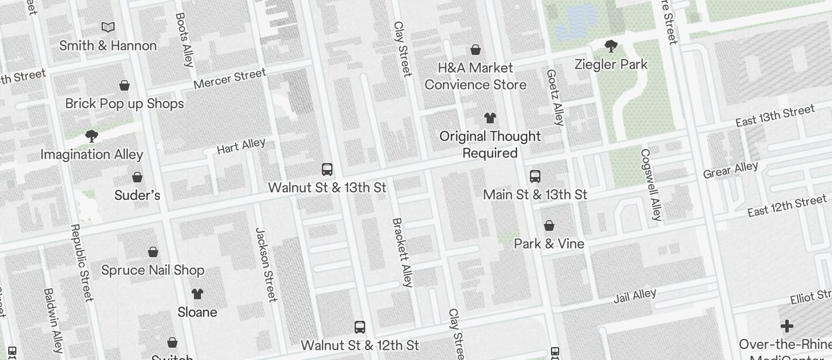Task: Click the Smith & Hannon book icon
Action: (x=108, y=27)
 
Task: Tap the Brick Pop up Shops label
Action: (x=124, y=103)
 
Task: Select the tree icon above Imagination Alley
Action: (x=91, y=136)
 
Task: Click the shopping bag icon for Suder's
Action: (x=137, y=176)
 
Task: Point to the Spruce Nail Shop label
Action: (x=152, y=270)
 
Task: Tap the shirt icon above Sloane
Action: (x=197, y=293)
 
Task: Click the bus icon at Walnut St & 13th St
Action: (x=327, y=169)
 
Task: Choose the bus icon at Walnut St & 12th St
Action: (x=360, y=327)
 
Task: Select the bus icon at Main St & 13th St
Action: (x=535, y=176)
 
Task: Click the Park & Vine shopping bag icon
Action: (x=549, y=226)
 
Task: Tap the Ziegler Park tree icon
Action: (x=611, y=46)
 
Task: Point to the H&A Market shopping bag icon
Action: (x=476, y=50)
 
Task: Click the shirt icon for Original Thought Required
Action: (x=490, y=118)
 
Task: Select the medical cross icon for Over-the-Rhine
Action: (x=787, y=326)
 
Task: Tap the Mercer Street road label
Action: (x=230, y=79)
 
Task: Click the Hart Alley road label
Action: (x=241, y=146)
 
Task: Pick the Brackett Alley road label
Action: (x=402, y=252)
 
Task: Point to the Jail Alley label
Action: (x=635, y=296)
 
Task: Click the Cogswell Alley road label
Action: (x=651, y=185)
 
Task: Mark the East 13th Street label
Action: (x=775, y=116)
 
